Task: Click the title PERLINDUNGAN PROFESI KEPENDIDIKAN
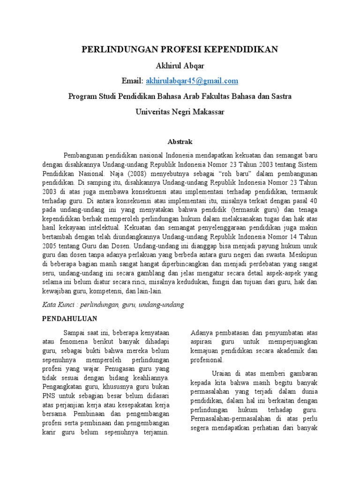[x=180, y=49]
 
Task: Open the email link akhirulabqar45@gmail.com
[x=192, y=81]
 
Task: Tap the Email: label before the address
[x=132, y=81]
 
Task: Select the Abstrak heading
[x=180, y=141]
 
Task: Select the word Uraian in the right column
[x=223, y=374]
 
